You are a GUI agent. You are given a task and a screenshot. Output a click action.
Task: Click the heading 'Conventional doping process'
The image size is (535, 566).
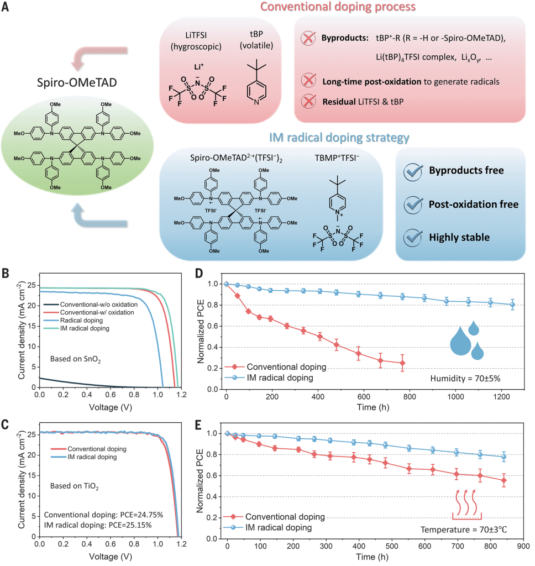(x=338, y=7)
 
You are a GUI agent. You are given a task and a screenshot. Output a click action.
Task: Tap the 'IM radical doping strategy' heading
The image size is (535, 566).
(x=339, y=138)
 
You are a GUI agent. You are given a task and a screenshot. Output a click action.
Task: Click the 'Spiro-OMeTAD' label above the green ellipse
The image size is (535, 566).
(x=77, y=83)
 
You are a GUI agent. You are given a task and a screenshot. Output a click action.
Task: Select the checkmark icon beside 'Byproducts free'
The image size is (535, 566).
(x=413, y=171)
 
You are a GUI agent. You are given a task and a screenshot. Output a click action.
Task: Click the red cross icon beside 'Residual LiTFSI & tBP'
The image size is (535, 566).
(x=308, y=102)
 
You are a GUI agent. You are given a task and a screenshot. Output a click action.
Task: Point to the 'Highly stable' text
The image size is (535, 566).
(x=459, y=238)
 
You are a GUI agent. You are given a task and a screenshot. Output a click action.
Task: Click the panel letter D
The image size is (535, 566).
(x=199, y=273)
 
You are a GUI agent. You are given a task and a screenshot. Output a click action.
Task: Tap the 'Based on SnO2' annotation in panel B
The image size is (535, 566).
(x=76, y=359)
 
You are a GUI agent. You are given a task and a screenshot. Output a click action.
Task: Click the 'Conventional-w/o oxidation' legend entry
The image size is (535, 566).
(x=91, y=305)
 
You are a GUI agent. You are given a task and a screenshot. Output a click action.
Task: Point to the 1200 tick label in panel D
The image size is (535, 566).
(x=501, y=397)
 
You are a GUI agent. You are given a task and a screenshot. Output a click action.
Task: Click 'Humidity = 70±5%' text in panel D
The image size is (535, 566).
(x=465, y=378)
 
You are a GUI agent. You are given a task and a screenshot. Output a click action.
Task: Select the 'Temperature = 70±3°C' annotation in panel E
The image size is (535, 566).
(x=464, y=530)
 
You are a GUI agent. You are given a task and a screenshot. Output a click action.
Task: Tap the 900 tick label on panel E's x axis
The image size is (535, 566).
(x=523, y=546)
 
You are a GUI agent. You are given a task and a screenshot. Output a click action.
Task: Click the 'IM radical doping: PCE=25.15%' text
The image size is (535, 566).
(x=98, y=525)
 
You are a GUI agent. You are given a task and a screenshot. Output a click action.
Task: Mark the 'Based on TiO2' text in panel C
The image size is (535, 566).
(x=75, y=486)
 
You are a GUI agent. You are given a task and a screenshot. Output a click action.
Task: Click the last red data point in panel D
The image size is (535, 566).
(x=402, y=363)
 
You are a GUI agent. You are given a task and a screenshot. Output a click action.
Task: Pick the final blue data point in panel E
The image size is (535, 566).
(x=504, y=457)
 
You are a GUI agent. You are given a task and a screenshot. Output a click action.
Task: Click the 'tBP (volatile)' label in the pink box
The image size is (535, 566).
(x=256, y=40)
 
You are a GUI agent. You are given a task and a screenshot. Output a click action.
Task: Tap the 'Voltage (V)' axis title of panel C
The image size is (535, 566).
(x=111, y=557)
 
